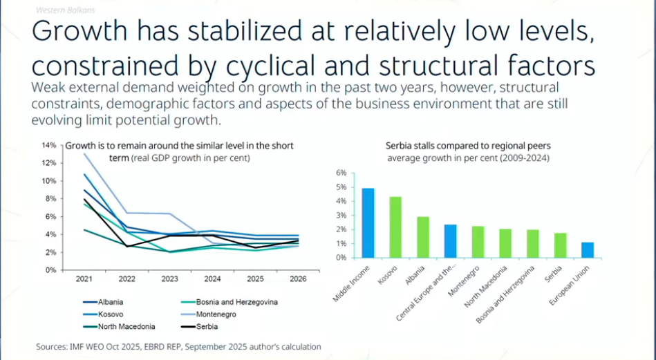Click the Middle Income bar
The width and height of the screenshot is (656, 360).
point(368,222)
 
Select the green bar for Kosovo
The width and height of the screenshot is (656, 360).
point(395,227)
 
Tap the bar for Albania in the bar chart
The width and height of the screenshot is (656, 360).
point(423,237)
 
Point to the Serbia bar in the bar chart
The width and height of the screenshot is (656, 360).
point(560,245)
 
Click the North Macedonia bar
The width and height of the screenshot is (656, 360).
point(505,243)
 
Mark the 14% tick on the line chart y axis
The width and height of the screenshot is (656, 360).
point(48,145)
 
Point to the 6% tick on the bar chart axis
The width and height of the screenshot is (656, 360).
point(340,173)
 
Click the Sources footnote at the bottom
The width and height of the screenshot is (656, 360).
point(178,346)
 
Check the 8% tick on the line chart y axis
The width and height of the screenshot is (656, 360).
point(50,199)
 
